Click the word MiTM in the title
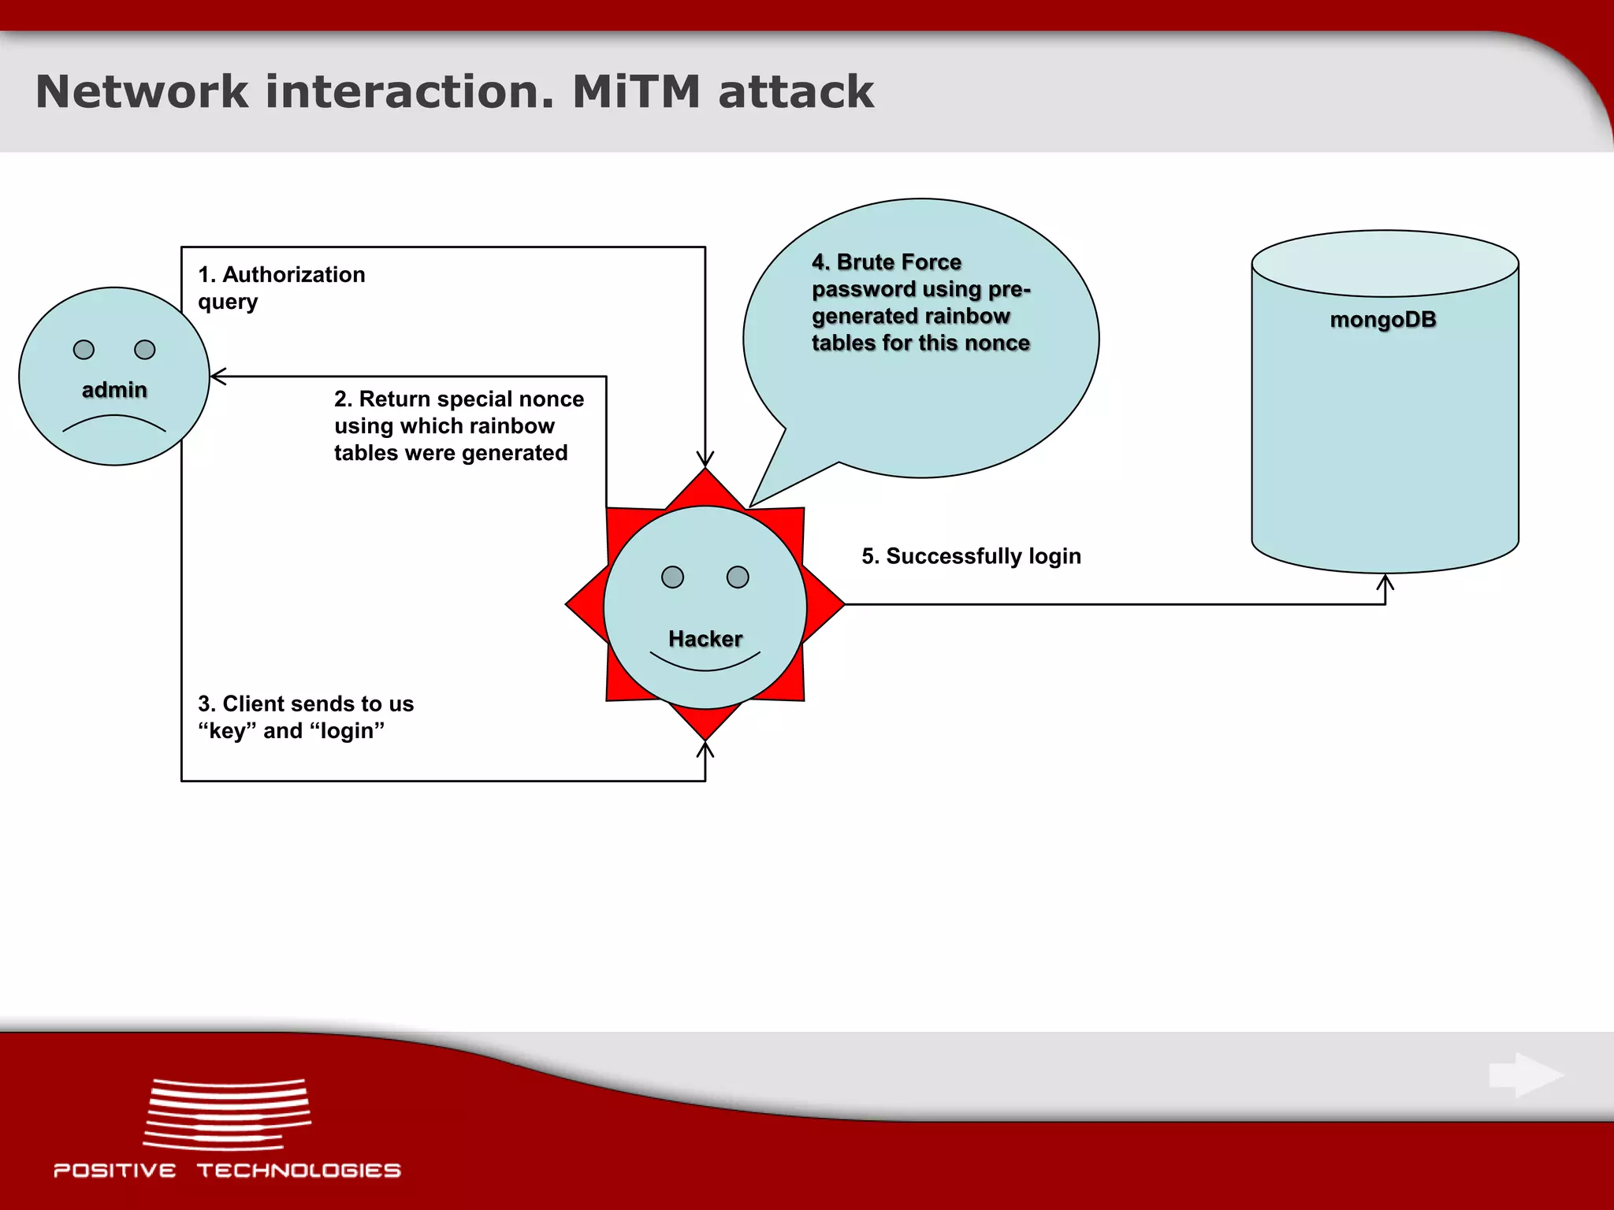pos(635,91)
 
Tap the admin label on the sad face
pos(114,390)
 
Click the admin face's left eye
pos(84,350)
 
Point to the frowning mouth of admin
pos(114,424)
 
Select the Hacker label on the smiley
pos(705,639)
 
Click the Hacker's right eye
pos(738,577)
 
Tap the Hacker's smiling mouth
pos(705,663)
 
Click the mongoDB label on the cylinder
pos(1383,320)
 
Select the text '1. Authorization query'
pos(281,288)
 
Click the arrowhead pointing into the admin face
pos(218,377)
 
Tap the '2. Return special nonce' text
pos(459,399)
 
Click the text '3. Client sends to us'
pos(306,703)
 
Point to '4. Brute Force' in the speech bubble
pos(887,262)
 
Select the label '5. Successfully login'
pos(971,556)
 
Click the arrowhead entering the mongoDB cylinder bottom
pos(1385,582)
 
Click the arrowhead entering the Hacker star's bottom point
pos(705,749)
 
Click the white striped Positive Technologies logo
pos(227,1114)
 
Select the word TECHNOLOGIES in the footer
pos(299,1171)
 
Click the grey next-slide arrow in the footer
pos(1526,1075)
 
